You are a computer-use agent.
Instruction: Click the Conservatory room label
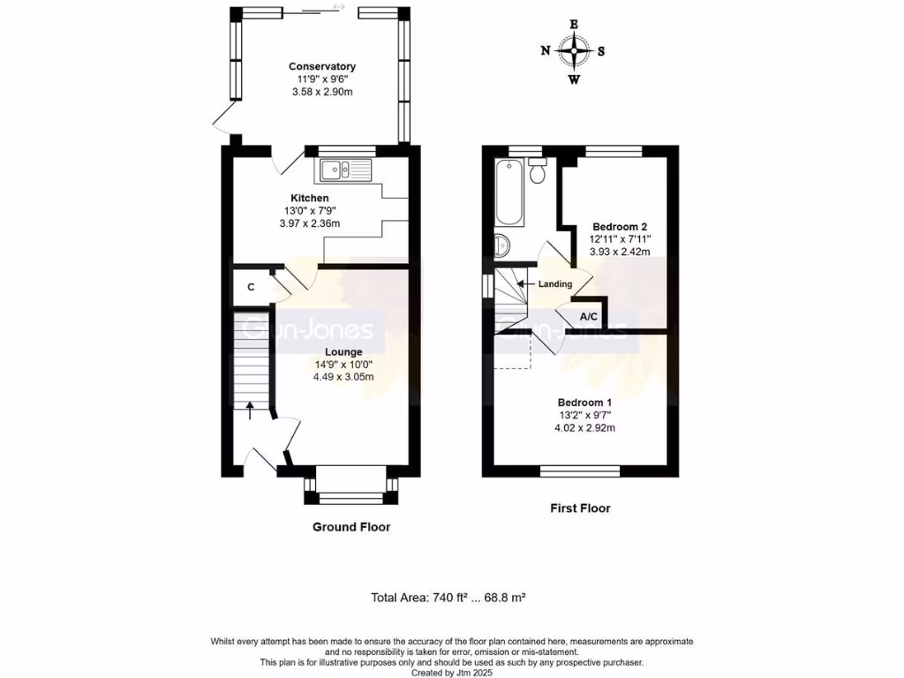coord(322,66)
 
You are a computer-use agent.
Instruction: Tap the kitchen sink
coord(347,169)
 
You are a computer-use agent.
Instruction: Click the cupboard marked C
coord(251,287)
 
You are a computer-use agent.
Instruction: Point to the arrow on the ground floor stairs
coord(249,409)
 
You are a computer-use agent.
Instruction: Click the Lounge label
coord(343,351)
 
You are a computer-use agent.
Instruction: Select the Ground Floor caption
coord(350,527)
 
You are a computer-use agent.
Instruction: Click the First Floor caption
coord(580,508)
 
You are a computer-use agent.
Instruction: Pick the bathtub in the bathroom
coord(509,193)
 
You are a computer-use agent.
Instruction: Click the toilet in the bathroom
coord(537,170)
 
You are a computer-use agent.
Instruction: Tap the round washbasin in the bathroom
coord(501,245)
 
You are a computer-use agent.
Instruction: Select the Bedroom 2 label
coord(620,225)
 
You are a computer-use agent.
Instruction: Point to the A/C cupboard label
coord(589,316)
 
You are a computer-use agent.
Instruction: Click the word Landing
coord(556,283)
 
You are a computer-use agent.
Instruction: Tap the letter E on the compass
coord(574,24)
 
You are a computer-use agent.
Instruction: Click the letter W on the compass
coord(574,79)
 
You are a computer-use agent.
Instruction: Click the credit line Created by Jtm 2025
coord(451,672)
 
